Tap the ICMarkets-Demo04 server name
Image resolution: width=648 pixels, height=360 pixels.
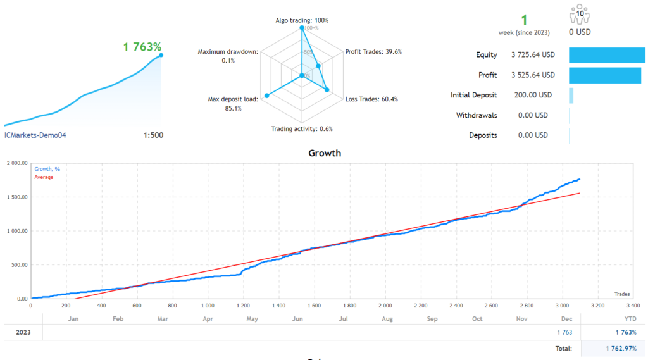[x=35, y=135]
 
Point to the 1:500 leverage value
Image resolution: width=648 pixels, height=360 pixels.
[x=153, y=135]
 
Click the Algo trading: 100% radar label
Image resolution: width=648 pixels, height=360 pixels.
[x=301, y=20]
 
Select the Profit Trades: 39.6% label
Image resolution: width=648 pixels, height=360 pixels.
[x=373, y=52]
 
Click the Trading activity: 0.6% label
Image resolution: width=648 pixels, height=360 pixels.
[x=302, y=129]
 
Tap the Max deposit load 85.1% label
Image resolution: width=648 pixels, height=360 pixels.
[x=233, y=104]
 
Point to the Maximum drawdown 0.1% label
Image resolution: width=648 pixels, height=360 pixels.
[x=228, y=56]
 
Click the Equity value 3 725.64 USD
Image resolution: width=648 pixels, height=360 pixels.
[x=533, y=55]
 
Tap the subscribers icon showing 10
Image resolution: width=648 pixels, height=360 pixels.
[x=580, y=14]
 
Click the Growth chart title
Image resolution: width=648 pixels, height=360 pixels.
[x=324, y=153]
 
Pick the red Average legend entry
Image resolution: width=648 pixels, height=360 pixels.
[x=44, y=177]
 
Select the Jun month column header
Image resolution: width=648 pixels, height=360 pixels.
[x=297, y=319]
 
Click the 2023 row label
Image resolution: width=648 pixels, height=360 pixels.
[x=22, y=332]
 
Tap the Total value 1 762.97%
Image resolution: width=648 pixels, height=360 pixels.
[x=617, y=348]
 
